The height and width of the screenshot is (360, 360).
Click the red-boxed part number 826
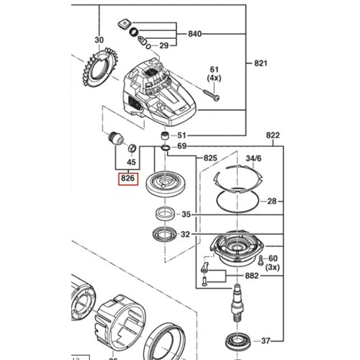click(127, 177)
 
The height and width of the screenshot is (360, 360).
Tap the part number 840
click(195, 34)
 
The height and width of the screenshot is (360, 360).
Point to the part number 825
click(211, 157)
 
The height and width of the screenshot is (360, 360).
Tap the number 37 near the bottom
click(266, 341)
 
